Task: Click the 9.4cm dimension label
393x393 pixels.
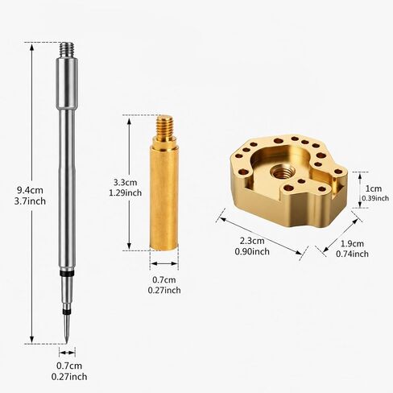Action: (30, 190)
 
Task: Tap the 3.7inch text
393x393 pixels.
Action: (30, 201)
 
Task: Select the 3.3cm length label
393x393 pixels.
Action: (125, 183)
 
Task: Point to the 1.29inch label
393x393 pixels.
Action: (125, 192)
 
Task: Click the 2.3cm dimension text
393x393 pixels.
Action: (252, 241)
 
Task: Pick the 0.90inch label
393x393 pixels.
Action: (252, 251)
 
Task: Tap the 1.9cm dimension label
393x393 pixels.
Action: (352, 243)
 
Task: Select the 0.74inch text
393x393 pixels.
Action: (352, 254)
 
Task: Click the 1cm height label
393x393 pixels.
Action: (374, 188)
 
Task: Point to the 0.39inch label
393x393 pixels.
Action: (375, 198)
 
